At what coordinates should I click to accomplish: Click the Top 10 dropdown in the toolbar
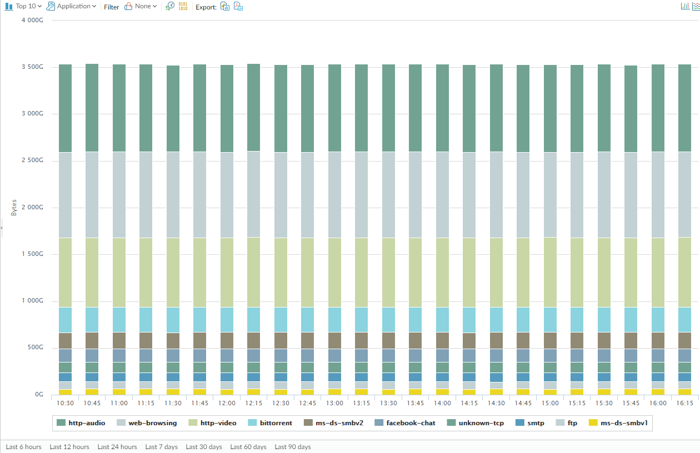(23, 6)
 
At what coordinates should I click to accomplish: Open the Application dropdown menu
(72, 6)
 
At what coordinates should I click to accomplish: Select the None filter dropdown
(141, 6)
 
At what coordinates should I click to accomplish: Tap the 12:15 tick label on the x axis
(253, 403)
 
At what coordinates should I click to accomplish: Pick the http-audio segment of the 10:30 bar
(66, 108)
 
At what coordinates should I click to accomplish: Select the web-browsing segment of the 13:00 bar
(334, 195)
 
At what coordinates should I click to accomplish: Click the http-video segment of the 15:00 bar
(550, 273)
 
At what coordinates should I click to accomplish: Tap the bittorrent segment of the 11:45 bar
(200, 320)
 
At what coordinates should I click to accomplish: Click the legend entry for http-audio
(81, 423)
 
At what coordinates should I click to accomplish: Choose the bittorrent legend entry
(270, 423)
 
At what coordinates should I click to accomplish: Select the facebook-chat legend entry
(405, 423)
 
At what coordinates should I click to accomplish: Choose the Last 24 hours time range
(117, 447)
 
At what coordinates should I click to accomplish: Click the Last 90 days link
(293, 447)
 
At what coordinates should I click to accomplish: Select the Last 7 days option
(161, 447)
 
